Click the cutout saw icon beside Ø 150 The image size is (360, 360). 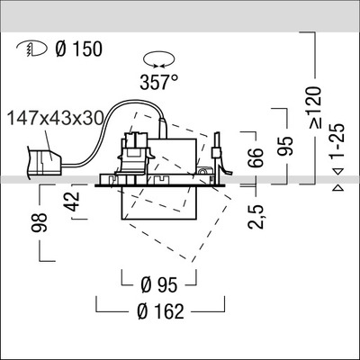click(x=27, y=49)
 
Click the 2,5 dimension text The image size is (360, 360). click(x=258, y=215)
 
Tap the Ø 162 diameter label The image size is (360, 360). click(x=163, y=312)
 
